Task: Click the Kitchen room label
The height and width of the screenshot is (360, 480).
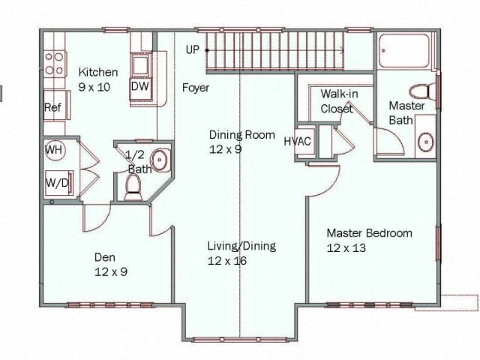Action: pos(98,73)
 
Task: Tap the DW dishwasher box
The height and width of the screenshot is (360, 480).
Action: pos(140,85)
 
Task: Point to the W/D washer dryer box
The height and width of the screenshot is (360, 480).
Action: pos(57,183)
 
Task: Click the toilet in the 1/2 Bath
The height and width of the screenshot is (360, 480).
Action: pos(133,188)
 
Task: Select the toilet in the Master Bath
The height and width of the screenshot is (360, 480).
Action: pos(424,91)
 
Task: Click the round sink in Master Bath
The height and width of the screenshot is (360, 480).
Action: pos(425,142)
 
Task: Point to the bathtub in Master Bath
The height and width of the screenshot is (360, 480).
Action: pos(406,51)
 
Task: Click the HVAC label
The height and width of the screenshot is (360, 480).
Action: pos(298,142)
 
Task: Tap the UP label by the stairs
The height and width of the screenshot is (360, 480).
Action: pos(193,50)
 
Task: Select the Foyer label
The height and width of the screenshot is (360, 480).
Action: pos(196,88)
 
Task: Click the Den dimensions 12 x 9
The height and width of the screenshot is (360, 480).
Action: pos(110,271)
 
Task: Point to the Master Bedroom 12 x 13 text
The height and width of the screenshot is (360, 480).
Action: pos(346,247)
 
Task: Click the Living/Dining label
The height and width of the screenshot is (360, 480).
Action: pos(241,246)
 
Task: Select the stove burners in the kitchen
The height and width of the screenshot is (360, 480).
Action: pos(54,63)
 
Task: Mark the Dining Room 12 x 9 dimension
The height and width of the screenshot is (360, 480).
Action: pos(225,149)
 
